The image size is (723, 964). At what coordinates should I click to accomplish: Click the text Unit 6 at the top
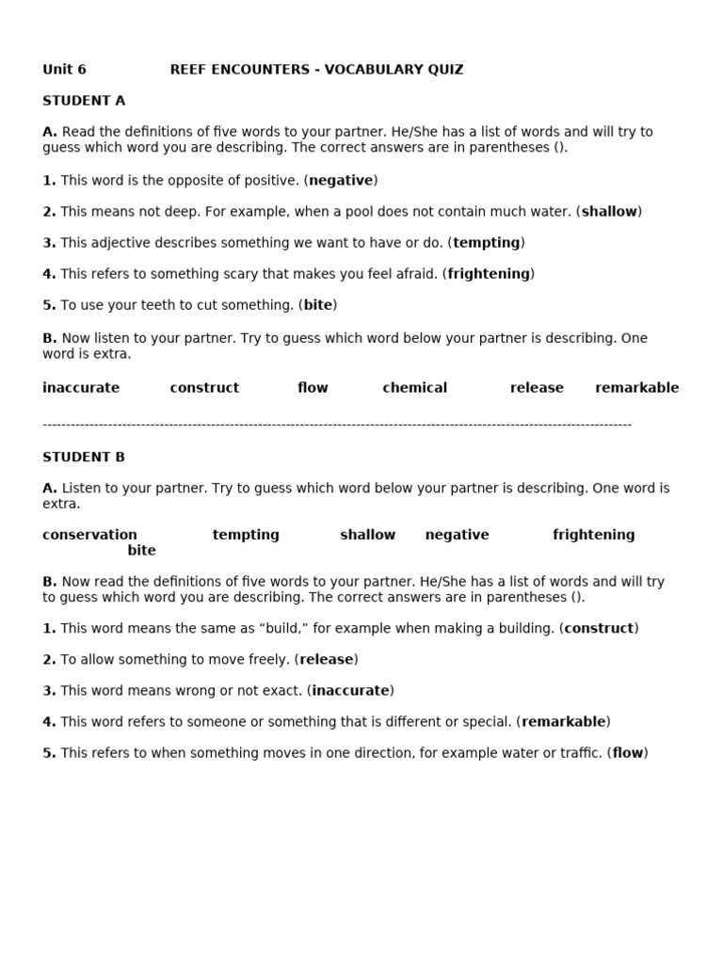click(x=64, y=70)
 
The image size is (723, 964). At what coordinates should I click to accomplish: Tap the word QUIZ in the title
click(x=442, y=70)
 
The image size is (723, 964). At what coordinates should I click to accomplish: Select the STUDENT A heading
click(x=84, y=101)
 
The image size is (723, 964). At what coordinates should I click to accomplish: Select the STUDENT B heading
click(x=84, y=458)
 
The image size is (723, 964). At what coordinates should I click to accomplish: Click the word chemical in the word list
click(x=414, y=388)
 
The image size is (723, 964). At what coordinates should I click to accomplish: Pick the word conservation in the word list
click(x=89, y=535)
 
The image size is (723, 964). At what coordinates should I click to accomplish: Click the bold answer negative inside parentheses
click(x=341, y=180)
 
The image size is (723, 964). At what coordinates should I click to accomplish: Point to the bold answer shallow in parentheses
click(x=609, y=212)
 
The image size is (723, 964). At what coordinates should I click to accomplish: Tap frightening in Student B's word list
click(x=593, y=535)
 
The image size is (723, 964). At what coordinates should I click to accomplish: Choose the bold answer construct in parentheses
click(x=598, y=628)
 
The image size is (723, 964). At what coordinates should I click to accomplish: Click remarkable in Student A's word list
click(x=636, y=388)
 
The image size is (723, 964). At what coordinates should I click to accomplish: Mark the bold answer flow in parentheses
click(x=628, y=753)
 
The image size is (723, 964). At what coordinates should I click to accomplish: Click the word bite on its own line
click(x=142, y=550)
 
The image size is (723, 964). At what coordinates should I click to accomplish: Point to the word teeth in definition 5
click(x=196, y=305)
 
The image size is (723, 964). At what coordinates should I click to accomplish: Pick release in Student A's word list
click(x=537, y=388)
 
